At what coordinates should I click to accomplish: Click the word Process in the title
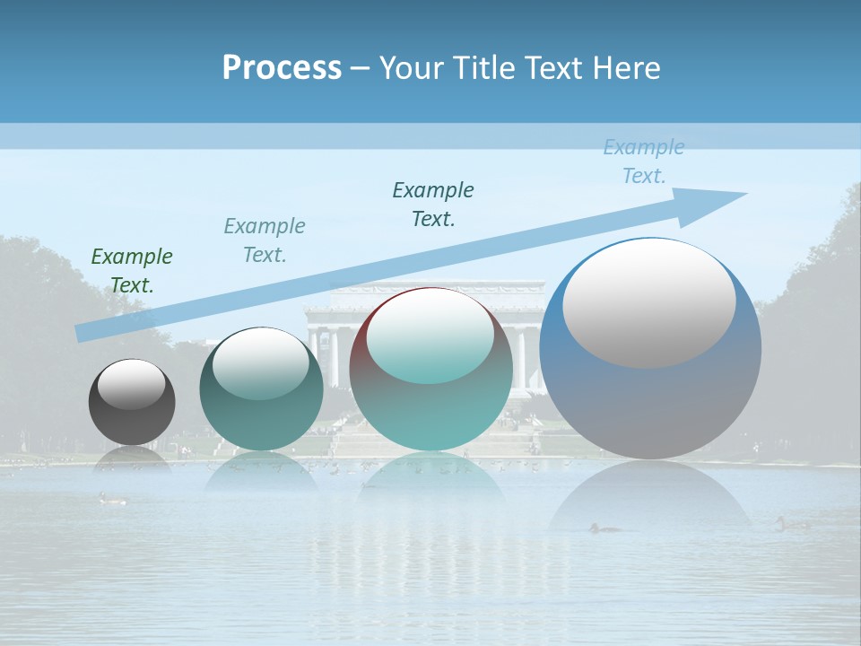pos(282,68)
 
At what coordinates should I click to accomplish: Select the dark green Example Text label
pos(132,271)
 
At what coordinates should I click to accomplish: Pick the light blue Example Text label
pos(644,161)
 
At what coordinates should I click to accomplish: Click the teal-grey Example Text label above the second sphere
pos(265,240)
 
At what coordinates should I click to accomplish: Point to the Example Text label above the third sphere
pos(433,205)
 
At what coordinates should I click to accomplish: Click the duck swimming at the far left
pos(112,499)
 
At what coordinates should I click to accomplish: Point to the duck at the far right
pos(792,523)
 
